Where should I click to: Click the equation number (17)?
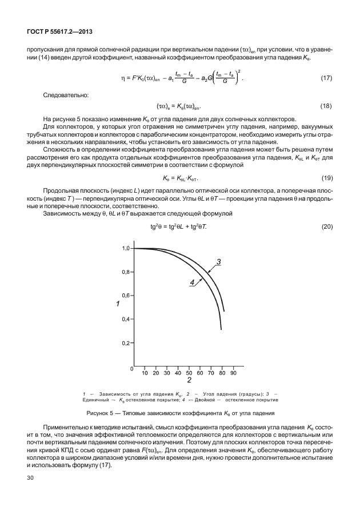click(x=326, y=77)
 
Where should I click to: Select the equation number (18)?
click(x=326, y=106)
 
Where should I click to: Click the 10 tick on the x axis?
click(x=145, y=373)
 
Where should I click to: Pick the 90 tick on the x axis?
click(x=233, y=373)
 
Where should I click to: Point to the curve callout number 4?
click(x=192, y=281)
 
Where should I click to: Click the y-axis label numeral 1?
click(x=117, y=304)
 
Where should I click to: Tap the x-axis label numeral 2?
click(x=189, y=380)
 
